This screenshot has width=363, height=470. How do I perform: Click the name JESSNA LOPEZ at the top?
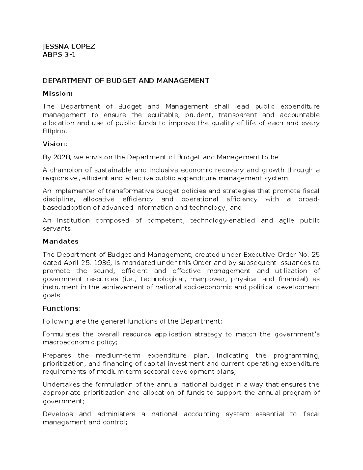coord(69,46)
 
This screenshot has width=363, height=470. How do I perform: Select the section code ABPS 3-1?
coord(59,55)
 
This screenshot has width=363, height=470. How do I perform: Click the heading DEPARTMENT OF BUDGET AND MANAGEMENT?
coord(126,81)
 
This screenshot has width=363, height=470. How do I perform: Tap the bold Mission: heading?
coord(57,94)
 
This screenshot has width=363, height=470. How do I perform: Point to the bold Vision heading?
coord(54,144)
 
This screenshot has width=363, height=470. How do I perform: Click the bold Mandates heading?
coord(61,242)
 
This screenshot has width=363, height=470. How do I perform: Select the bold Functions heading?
coord(61,308)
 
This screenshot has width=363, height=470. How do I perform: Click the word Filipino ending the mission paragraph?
coord(54,131)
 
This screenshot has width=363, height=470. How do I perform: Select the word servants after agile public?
coord(57,229)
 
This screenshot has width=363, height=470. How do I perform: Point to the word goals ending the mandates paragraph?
coord(51,295)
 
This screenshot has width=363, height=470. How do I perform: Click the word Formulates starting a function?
coord(60,334)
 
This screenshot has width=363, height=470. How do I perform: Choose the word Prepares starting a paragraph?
coord(57,355)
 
